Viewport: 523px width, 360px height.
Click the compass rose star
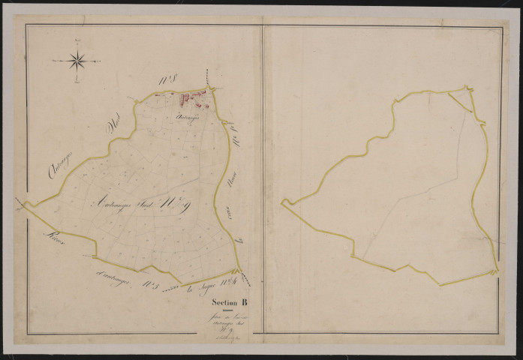pyautogui.click(x=77, y=60)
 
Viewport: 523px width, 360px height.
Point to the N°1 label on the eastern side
pyautogui.click(x=239, y=139)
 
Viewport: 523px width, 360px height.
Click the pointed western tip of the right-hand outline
pyautogui.click(x=282, y=201)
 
